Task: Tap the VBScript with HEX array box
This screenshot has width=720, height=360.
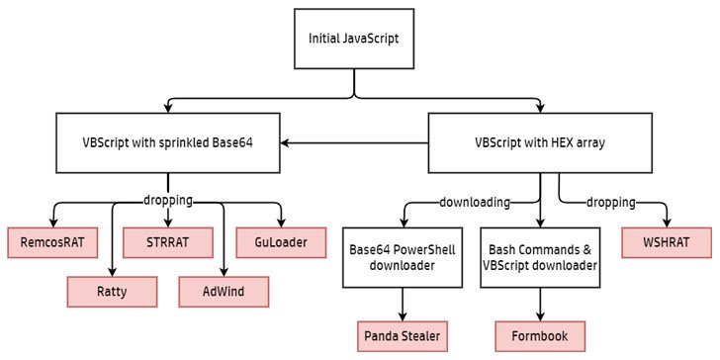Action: [x=540, y=142]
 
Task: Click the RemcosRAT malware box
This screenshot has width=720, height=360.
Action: [x=52, y=241]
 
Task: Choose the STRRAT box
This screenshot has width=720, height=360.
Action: [x=168, y=241]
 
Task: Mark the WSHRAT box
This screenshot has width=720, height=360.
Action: [x=667, y=241]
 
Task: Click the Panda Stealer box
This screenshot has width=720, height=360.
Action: [x=404, y=336]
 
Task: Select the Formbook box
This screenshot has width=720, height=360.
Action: [x=540, y=336]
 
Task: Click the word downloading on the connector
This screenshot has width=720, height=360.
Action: [x=474, y=202]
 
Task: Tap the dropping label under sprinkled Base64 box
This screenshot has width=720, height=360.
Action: [x=167, y=200]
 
